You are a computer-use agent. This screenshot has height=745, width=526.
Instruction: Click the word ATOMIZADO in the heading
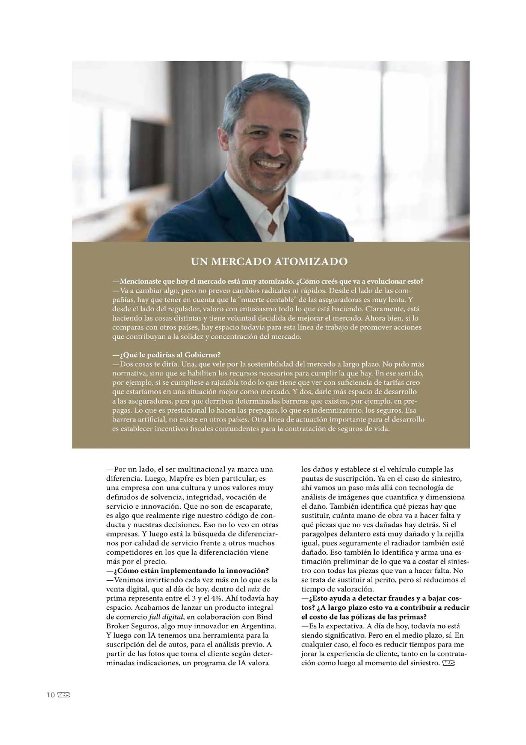(311, 261)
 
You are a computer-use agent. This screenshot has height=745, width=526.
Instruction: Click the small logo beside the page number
(64, 695)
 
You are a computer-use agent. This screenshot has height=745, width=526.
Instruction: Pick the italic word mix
(253, 589)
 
